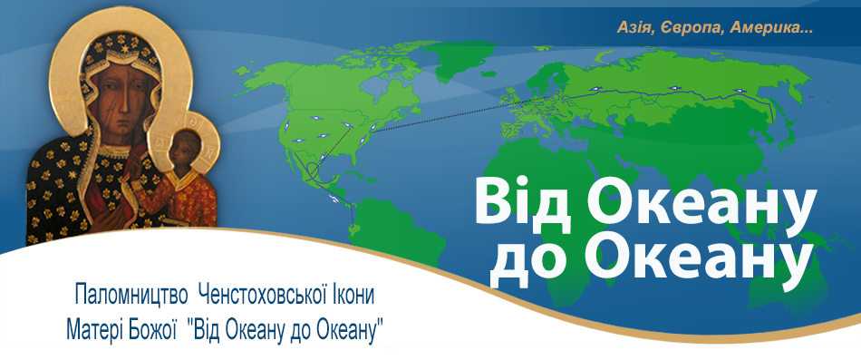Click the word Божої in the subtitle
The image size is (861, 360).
click(x=152, y=326)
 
